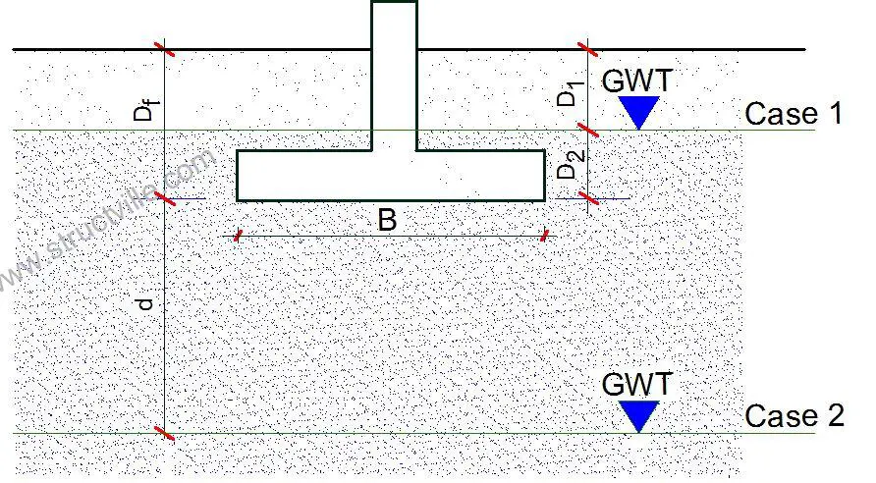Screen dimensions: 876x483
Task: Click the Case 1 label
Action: coord(794,114)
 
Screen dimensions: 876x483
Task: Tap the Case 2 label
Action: coord(794,416)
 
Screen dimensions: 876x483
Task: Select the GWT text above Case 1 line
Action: coord(636,80)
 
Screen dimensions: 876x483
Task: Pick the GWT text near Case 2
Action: coord(636,385)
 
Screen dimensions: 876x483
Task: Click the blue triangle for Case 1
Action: coord(639,112)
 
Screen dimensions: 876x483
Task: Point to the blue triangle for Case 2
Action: coord(639,415)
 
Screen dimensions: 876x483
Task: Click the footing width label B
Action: coord(387,220)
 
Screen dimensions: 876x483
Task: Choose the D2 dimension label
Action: coord(571,165)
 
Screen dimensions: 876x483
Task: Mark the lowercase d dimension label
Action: coord(145,304)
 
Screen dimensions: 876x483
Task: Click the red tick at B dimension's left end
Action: coord(238,236)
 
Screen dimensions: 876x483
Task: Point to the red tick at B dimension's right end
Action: coord(544,236)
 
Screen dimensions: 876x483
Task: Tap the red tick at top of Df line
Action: coord(164,49)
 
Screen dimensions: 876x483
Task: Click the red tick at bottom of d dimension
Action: coord(164,433)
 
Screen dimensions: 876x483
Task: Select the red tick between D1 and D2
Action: coord(587,131)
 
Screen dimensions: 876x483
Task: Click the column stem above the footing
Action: coord(394,76)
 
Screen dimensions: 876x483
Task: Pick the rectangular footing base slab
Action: coord(391,176)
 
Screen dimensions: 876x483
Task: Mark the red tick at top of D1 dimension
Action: coord(587,49)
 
